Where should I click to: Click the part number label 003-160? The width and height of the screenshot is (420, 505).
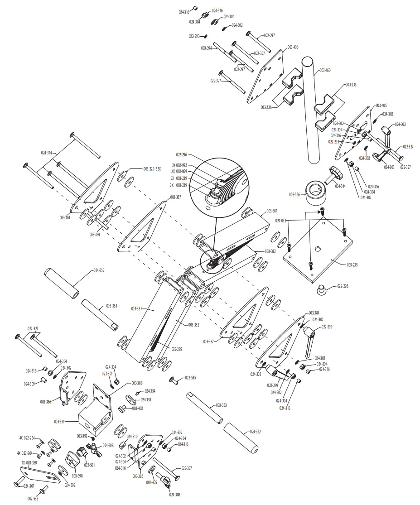[x=325, y=70]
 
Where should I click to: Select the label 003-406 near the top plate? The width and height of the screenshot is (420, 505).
[x=293, y=47]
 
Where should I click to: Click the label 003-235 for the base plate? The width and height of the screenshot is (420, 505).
[x=352, y=265]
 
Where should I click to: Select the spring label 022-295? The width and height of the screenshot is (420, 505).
[x=177, y=349]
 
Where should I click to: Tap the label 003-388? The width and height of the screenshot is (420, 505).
[x=137, y=383]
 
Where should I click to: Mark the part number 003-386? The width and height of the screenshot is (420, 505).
[x=46, y=402]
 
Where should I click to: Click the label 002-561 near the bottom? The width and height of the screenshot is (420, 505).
[x=89, y=465]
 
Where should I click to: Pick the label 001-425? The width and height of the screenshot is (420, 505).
[x=152, y=483]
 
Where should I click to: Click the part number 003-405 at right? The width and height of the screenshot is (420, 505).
[x=381, y=105]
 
